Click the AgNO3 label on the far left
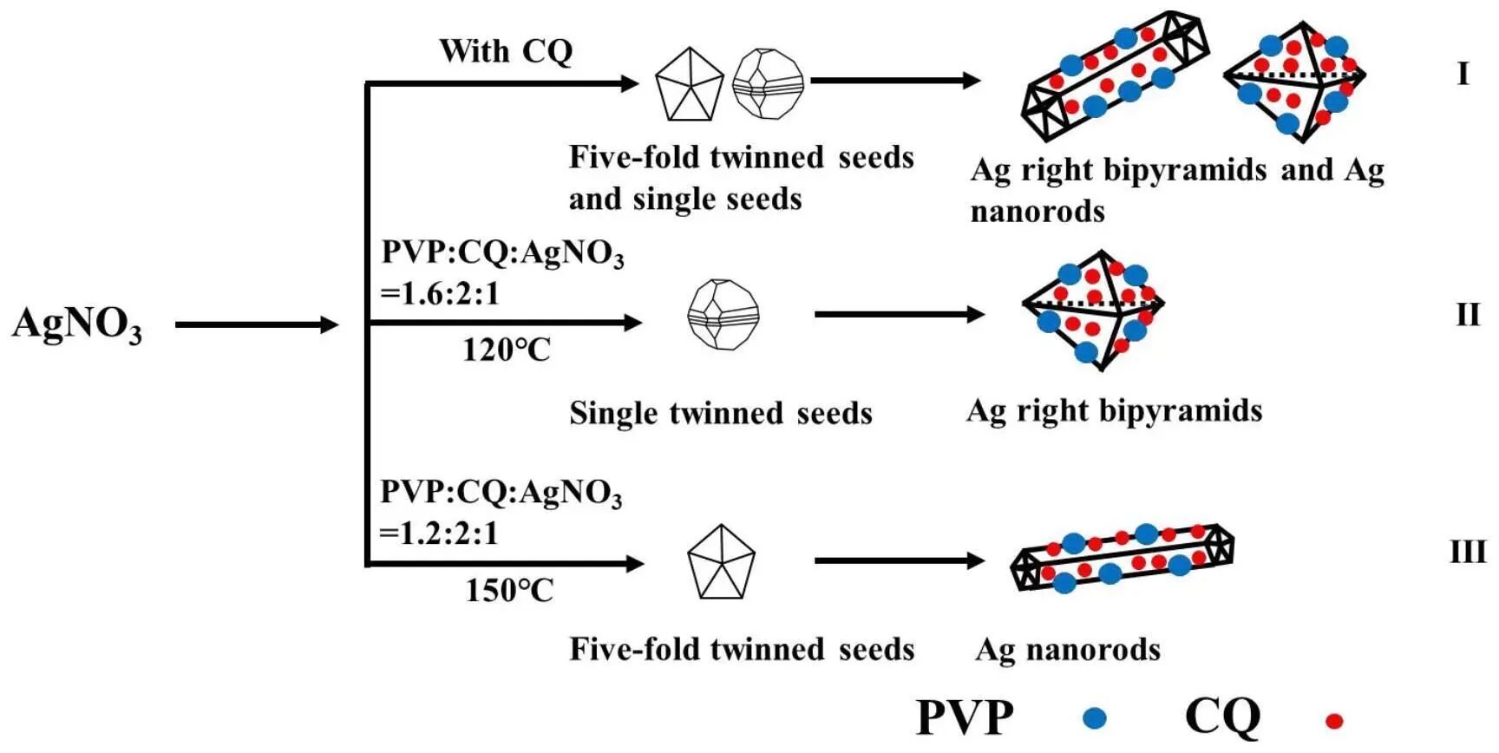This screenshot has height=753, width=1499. (76, 324)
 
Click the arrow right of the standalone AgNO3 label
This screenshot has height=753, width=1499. (256, 325)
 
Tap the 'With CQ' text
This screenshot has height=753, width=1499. (506, 51)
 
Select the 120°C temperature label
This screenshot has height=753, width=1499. (506, 350)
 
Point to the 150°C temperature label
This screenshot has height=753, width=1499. (509, 591)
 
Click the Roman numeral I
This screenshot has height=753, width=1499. (1463, 74)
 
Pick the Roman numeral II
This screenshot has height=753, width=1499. (1468, 314)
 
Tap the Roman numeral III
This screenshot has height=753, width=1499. (1468, 552)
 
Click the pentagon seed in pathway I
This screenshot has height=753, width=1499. (689, 83)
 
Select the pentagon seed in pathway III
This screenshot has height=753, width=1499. (721, 562)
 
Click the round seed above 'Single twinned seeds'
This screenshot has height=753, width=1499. (723, 314)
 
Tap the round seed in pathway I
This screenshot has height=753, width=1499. (768, 83)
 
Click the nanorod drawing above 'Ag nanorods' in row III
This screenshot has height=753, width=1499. (1123, 558)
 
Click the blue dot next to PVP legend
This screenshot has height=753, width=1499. (1096, 717)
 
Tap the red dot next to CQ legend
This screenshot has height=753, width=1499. (1334, 720)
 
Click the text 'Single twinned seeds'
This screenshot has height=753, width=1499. (720, 414)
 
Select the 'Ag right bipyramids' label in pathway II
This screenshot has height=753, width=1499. (1114, 410)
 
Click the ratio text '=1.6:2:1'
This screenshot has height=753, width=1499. (441, 294)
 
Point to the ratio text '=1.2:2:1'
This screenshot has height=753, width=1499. (440, 533)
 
